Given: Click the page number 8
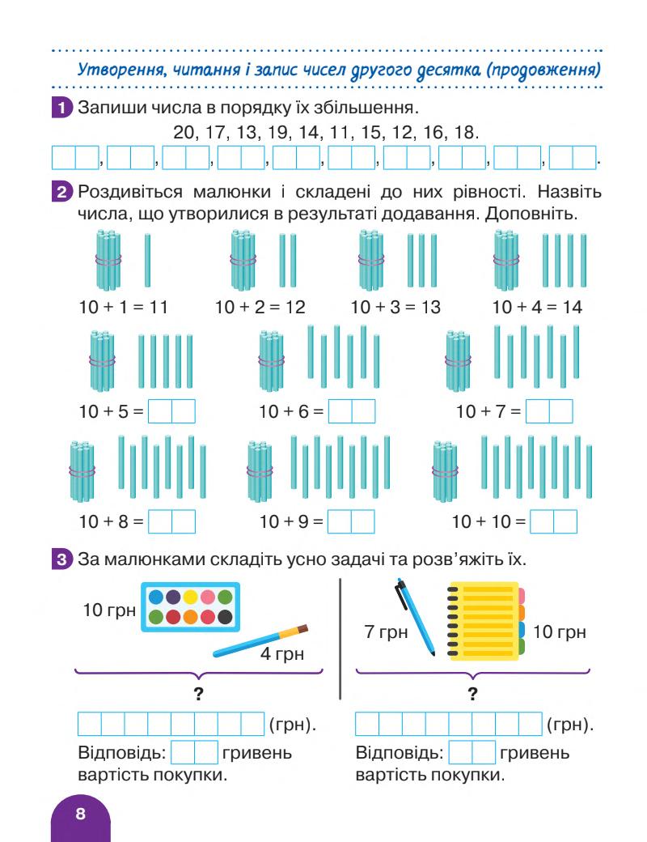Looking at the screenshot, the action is point(79,814).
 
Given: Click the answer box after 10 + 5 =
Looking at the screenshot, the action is point(172,411).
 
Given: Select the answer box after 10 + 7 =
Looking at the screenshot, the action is point(548,411).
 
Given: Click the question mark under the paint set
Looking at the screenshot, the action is point(198,692).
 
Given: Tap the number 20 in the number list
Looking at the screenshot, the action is point(185,130).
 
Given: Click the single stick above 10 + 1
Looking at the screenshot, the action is point(148,260).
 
